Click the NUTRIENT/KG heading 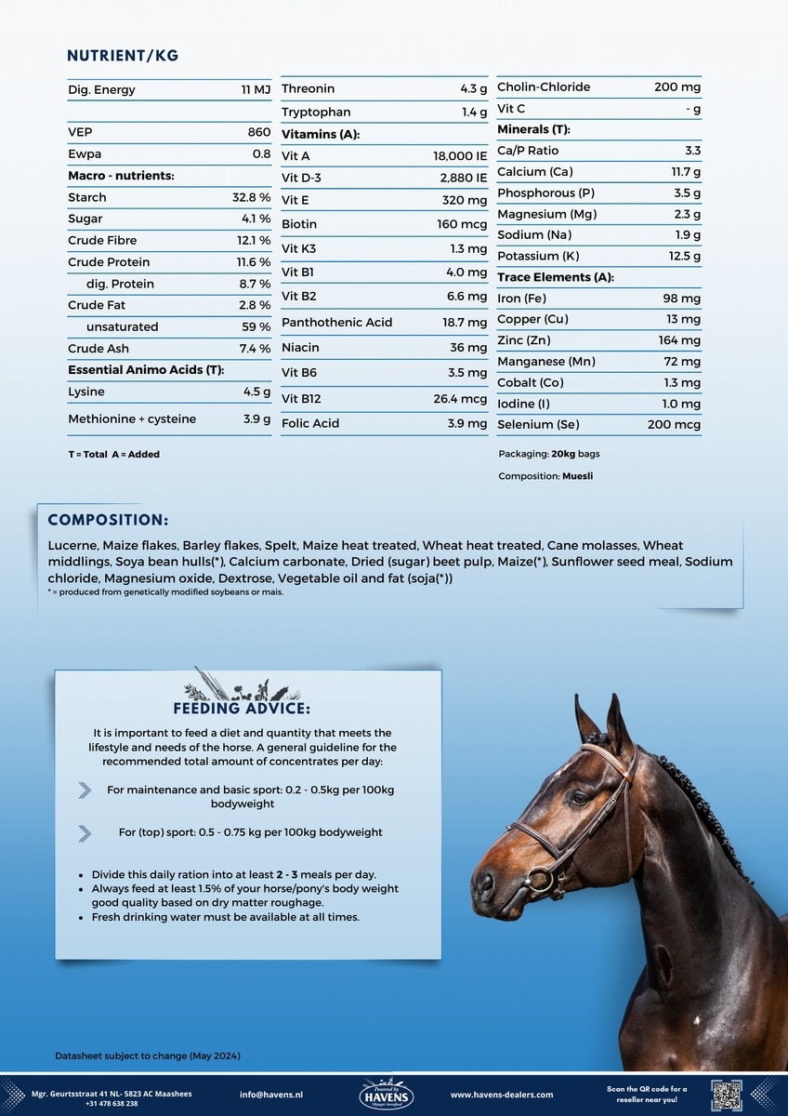123,56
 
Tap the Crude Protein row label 109,262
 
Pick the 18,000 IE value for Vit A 460,156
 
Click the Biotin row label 299,224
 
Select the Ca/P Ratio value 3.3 692,151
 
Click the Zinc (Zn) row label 524,340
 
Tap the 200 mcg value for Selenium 674,425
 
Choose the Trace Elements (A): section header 556,277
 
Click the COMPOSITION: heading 108,520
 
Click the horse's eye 579,798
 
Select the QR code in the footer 726,1095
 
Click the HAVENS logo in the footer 385,1095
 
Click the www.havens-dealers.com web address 502,1095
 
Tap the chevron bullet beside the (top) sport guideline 85,832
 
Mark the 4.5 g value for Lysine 256,392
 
